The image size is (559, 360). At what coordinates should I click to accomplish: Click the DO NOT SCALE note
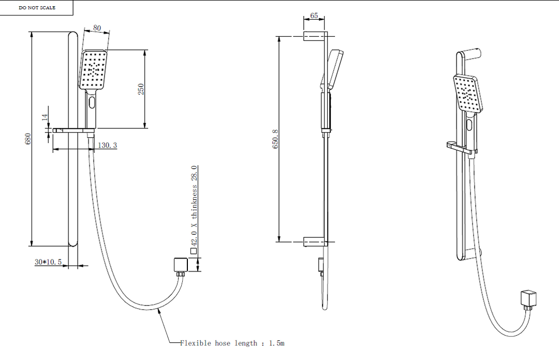[x=37, y=8]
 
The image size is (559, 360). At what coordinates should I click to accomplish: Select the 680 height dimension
[x=28, y=139]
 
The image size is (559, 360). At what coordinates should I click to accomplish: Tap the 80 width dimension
[x=97, y=28]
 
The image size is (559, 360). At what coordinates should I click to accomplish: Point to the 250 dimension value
[x=140, y=89]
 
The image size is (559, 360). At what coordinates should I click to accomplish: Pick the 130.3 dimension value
[x=107, y=146]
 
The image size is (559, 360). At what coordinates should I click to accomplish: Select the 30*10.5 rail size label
[x=48, y=262]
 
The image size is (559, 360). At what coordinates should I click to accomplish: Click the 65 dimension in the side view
[x=314, y=16]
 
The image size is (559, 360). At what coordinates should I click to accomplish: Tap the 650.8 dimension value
[x=276, y=139]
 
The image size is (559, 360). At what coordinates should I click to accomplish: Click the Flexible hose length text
[x=232, y=343]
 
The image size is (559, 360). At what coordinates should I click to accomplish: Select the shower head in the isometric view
[x=468, y=93]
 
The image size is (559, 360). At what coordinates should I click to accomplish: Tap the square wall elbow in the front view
[x=180, y=265]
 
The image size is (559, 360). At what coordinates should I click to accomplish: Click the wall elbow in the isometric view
[x=528, y=299]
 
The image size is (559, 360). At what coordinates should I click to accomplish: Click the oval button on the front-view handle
[x=92, y=102]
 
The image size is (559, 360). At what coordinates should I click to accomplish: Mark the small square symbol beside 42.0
[x=194, y=251]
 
